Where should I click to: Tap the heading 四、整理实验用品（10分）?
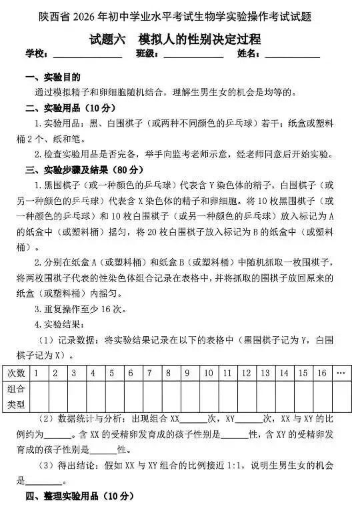click(x=79, y=496)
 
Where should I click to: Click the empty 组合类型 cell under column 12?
click(x=245, y=396)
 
